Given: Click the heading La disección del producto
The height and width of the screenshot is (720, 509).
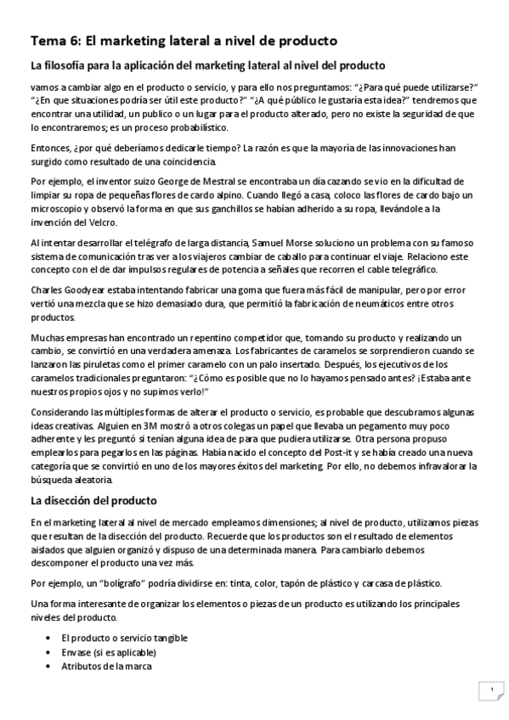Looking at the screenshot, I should coord(93,501).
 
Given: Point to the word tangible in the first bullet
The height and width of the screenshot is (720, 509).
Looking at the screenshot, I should coord(167,638).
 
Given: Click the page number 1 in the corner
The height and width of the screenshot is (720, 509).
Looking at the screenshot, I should coord(490,691).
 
